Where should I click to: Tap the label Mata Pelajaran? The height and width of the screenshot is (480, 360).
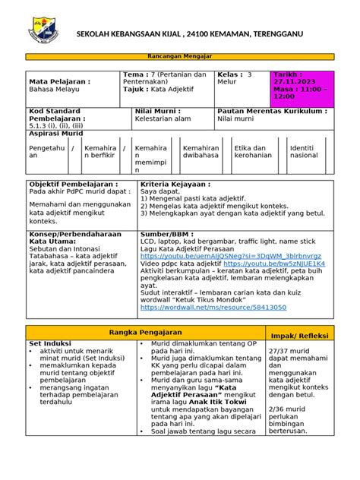click(60, 81)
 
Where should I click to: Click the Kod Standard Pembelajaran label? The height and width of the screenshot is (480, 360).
click(58, 115)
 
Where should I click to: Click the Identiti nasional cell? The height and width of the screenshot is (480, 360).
click(306, 151)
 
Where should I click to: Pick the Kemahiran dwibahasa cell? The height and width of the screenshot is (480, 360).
click(201, 151)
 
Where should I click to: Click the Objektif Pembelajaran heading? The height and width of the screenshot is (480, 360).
click(73, 185)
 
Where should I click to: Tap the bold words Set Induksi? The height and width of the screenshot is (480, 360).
click(49, 343)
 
